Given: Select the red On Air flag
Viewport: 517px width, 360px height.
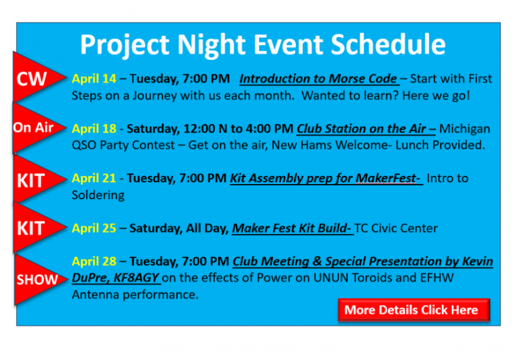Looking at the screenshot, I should click(33, 128).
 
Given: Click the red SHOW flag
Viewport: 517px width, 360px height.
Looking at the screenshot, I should click(34, 279).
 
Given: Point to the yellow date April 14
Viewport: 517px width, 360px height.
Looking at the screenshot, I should click(94, 79).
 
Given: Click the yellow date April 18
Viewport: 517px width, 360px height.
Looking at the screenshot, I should click(94, 128).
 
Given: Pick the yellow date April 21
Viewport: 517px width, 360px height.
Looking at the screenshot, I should click(94, 178).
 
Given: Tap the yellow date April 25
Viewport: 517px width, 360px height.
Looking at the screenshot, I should click(94, 228).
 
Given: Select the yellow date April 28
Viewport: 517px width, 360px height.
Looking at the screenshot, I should click(94, 261).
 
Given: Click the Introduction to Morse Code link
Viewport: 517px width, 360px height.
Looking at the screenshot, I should click(318, 79).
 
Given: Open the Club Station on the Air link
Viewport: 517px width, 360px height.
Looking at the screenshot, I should click(366, 128).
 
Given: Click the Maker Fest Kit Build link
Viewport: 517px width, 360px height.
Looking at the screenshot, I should click(292, 228).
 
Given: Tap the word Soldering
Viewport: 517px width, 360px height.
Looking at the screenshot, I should click(98, 195).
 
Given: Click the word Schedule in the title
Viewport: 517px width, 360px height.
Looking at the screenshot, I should click(387, 45).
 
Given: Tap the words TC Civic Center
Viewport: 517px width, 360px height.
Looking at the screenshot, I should click(396, 228).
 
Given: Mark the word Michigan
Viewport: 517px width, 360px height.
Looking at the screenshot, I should click(464, 128).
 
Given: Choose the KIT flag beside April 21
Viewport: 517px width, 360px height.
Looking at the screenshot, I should click(31, 180).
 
